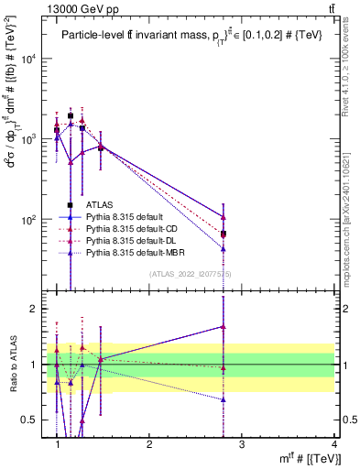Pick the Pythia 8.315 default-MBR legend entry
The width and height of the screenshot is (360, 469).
136,252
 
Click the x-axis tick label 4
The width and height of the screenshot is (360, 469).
334,443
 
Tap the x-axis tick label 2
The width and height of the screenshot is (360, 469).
149,443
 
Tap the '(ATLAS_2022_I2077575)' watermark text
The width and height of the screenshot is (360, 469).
190,274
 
